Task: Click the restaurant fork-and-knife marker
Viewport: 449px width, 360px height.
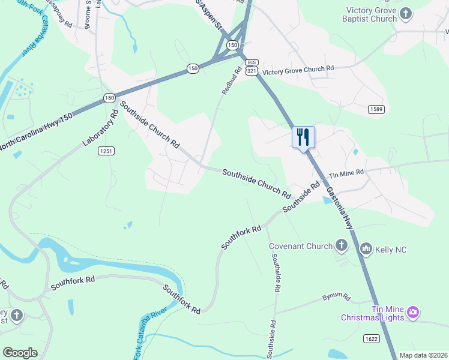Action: [x=303, y=137]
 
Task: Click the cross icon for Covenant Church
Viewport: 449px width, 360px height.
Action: [x=342, y=245]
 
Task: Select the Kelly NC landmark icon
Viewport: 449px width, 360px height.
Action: [x=366, y=248]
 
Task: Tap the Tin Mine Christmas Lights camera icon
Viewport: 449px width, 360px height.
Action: [x=412, y=312]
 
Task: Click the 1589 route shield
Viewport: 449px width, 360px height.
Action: [x=376, y=109]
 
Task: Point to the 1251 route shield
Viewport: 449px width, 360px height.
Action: [x=106, y=152]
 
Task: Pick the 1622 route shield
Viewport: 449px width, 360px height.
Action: [x=372, y=339]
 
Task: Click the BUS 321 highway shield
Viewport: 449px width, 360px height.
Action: [x=252, y=67]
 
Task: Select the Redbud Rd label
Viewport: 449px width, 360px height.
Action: [x=231, y=80]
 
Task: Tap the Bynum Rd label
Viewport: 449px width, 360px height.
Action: [x=336, y=296]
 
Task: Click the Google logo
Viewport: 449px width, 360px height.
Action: [x=20, y=353]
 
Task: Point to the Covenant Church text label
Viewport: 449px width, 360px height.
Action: [x=300, y=246]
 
